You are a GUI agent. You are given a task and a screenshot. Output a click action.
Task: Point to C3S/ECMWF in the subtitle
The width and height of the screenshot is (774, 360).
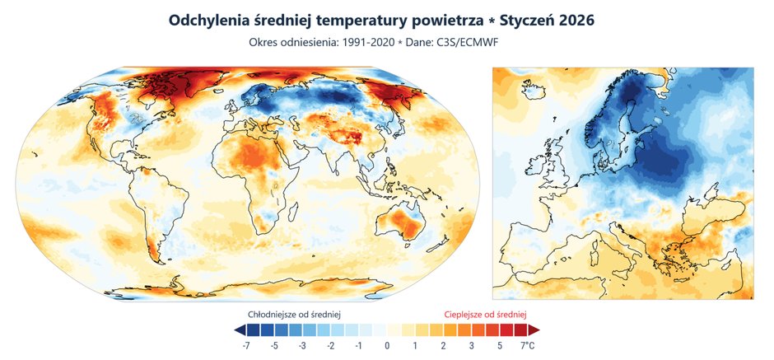coord(482,41)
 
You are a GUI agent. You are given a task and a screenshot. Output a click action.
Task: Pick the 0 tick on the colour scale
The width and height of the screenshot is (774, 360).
coord(387,346)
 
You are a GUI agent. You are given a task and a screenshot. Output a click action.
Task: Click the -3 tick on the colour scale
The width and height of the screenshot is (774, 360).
coord(303,346)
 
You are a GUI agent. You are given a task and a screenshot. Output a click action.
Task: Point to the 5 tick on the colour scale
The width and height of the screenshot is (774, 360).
coord(499,346)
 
